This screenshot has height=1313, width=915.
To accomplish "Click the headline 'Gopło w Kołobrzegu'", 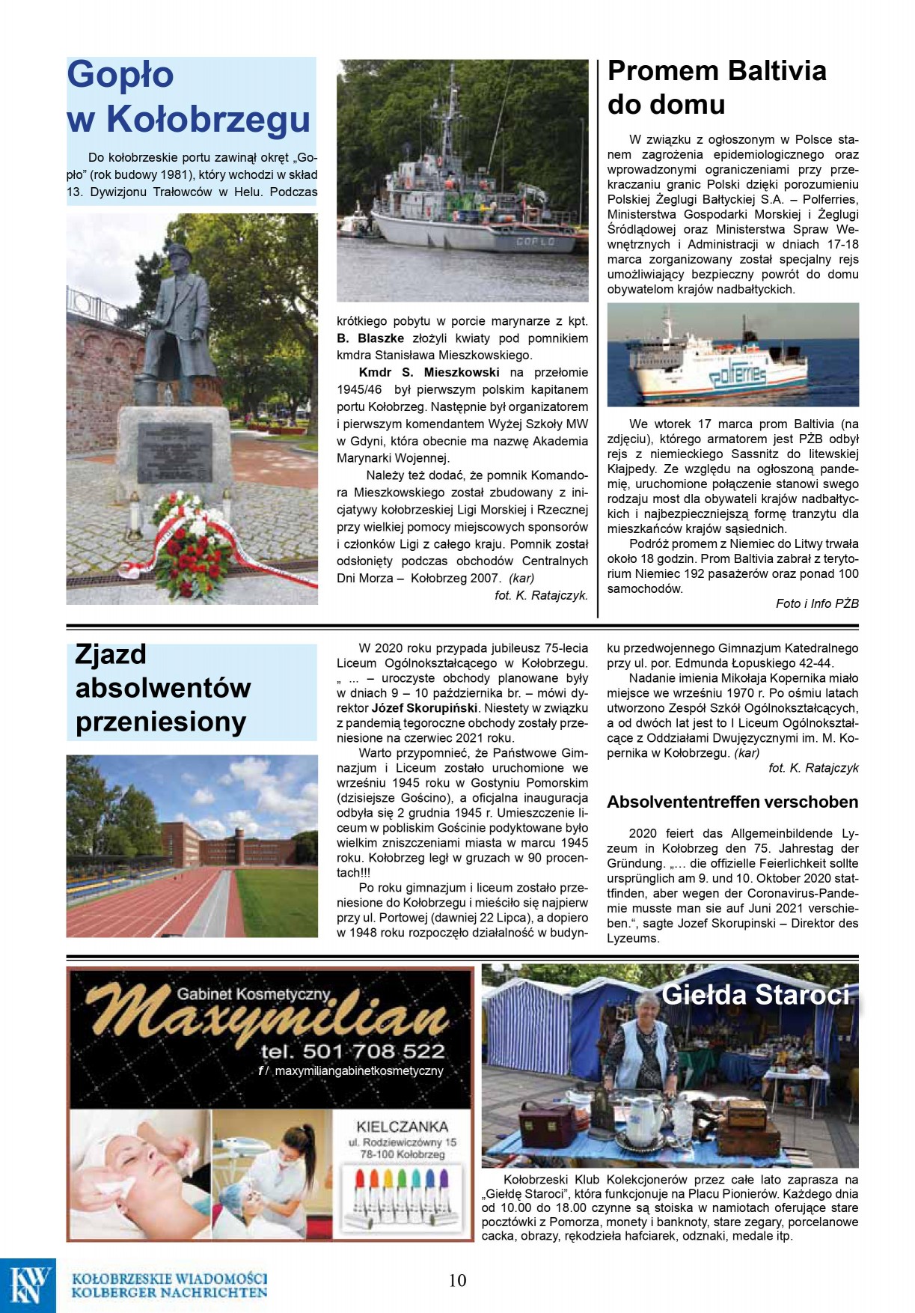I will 189,97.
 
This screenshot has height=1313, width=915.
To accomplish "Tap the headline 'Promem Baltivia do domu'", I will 716,88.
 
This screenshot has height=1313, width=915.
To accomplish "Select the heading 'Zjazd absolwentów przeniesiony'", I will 162,688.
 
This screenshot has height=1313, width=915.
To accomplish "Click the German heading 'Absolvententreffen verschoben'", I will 732,802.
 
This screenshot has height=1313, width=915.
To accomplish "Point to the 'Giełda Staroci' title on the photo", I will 756,995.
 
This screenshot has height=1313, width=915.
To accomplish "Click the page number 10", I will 457,1280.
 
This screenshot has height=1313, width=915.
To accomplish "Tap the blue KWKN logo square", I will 28,1285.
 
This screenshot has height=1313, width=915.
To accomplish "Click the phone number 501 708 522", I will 352,1051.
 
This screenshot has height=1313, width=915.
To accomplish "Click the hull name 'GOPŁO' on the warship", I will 535,242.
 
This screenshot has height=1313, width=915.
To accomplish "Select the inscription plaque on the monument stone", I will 174,452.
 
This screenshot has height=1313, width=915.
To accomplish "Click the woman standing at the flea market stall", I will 640,1048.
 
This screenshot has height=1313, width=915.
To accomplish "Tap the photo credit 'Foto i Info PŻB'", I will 817,603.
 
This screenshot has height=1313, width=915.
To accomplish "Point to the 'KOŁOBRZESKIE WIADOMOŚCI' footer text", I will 169,1279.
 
